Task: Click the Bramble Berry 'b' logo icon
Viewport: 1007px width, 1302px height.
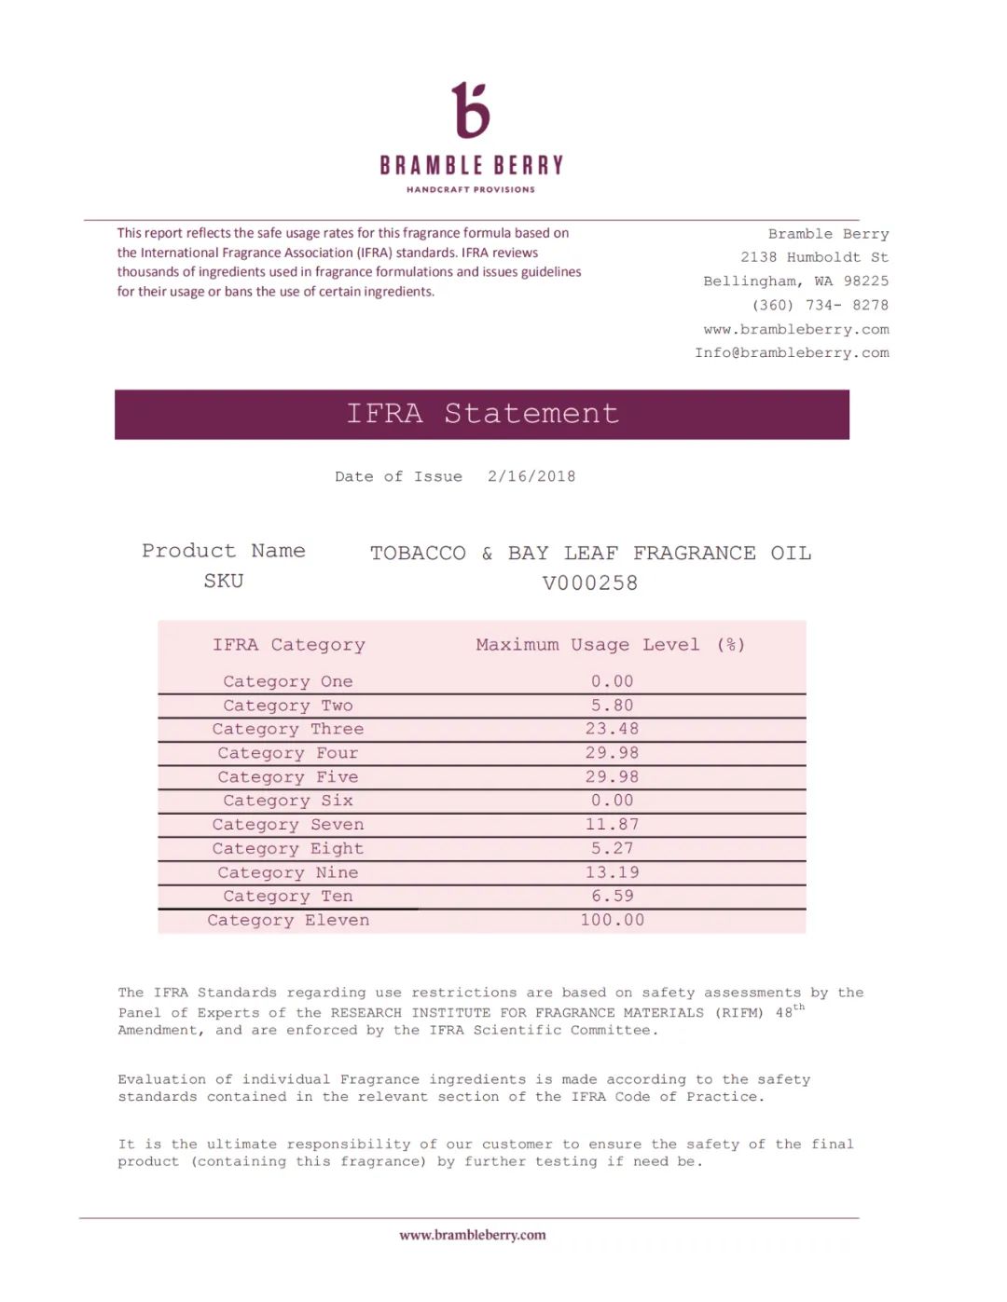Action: tap(471, 110)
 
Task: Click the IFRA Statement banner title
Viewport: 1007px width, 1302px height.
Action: tap(482, 413)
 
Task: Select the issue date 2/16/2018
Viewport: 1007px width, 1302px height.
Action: tap(531, 476)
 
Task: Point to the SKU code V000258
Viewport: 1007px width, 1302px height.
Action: tap(590, 583)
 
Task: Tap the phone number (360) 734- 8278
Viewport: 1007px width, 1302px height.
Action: tap(820, 305)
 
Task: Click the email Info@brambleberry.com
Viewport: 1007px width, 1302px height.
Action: tap(792, 352)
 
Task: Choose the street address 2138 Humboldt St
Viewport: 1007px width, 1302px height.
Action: tap(814, 257)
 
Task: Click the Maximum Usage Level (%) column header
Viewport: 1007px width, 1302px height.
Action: tap(611, 645)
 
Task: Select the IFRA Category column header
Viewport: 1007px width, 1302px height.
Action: tap(289, 645)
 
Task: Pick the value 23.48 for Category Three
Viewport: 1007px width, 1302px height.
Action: tap(612, 729)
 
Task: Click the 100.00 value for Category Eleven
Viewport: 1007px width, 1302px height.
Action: tap(612, 920)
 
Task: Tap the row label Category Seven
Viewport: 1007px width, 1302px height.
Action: tap(288, 825)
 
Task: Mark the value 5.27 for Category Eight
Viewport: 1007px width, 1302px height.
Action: tap(612, 848)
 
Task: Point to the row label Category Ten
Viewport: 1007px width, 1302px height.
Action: tap(288, 897)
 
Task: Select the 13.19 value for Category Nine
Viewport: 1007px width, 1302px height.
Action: tap(612, 872)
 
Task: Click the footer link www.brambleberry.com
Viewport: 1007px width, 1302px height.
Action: tap(473, 1235)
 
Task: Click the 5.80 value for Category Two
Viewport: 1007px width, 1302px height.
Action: tap(612, 706)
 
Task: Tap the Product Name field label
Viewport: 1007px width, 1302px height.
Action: tap(224, 551)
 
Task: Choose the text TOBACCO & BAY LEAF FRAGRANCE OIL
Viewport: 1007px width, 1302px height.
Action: tap(590, 554)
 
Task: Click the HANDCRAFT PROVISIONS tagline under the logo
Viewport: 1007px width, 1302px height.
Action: tap(471, 189)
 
